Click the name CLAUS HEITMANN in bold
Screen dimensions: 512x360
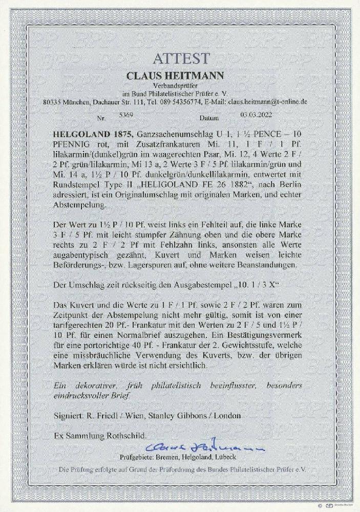pyautogui.click(x=179, y=75)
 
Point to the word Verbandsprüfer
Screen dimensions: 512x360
pyautogui.click(x=179, y=85)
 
